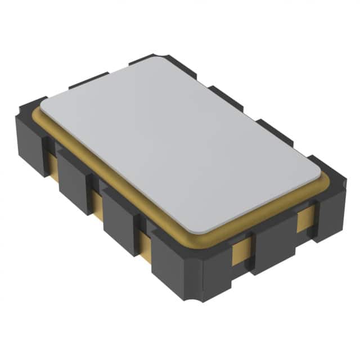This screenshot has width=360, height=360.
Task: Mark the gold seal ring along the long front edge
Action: tap(112, 180)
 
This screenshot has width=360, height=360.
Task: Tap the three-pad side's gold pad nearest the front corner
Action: tap(143, 239)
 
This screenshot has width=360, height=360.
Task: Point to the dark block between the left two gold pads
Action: tap(73, 180)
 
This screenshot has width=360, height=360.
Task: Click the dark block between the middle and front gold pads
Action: tap(121, 217)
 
